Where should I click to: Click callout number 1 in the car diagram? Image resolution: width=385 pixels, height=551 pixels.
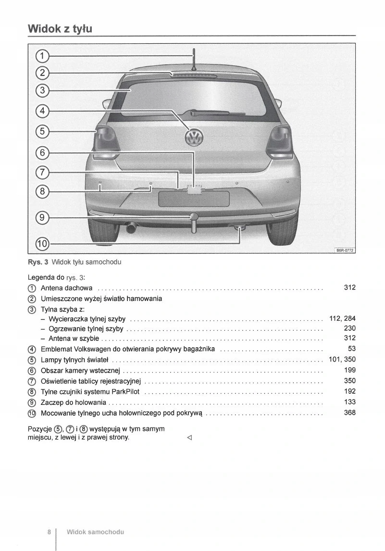[x=42, y=56]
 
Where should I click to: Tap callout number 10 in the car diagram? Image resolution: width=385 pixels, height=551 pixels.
[x=42, y=244]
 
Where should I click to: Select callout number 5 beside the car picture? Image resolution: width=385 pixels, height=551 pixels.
[x=42, y=131]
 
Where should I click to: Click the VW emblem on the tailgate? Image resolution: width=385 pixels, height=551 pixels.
[x=194, y=137]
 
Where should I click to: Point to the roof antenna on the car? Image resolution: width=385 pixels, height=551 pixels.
[x=193, y=60]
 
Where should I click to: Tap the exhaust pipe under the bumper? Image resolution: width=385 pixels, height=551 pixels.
[x=131, y=227]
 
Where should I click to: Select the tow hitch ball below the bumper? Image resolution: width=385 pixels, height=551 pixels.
[x=194, y=218]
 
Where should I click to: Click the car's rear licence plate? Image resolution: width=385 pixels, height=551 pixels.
[x=194, y=199]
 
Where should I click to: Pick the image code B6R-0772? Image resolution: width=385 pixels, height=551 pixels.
[x=345, y=250]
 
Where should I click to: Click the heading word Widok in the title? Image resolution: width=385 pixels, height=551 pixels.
[x=44, y=28]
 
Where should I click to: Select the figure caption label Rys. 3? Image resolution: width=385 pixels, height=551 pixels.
[x=38, y=262]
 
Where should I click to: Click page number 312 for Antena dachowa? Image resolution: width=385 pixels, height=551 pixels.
[x=349, y=288]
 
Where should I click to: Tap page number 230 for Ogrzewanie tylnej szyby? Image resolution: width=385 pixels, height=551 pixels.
[x=349, y=328]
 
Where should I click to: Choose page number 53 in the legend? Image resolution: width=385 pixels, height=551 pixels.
[x=351, y=349]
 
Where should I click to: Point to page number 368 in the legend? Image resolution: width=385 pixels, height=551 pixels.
[x=349, y=413]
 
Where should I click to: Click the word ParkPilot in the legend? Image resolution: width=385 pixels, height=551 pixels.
[x=125, y=391]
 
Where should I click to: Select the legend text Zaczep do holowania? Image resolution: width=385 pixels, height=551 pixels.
[x=73, y=402]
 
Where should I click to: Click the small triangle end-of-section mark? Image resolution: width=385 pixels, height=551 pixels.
[x=189, y=438]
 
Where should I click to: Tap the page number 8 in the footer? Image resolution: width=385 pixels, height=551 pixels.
[x=49, y=532]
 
